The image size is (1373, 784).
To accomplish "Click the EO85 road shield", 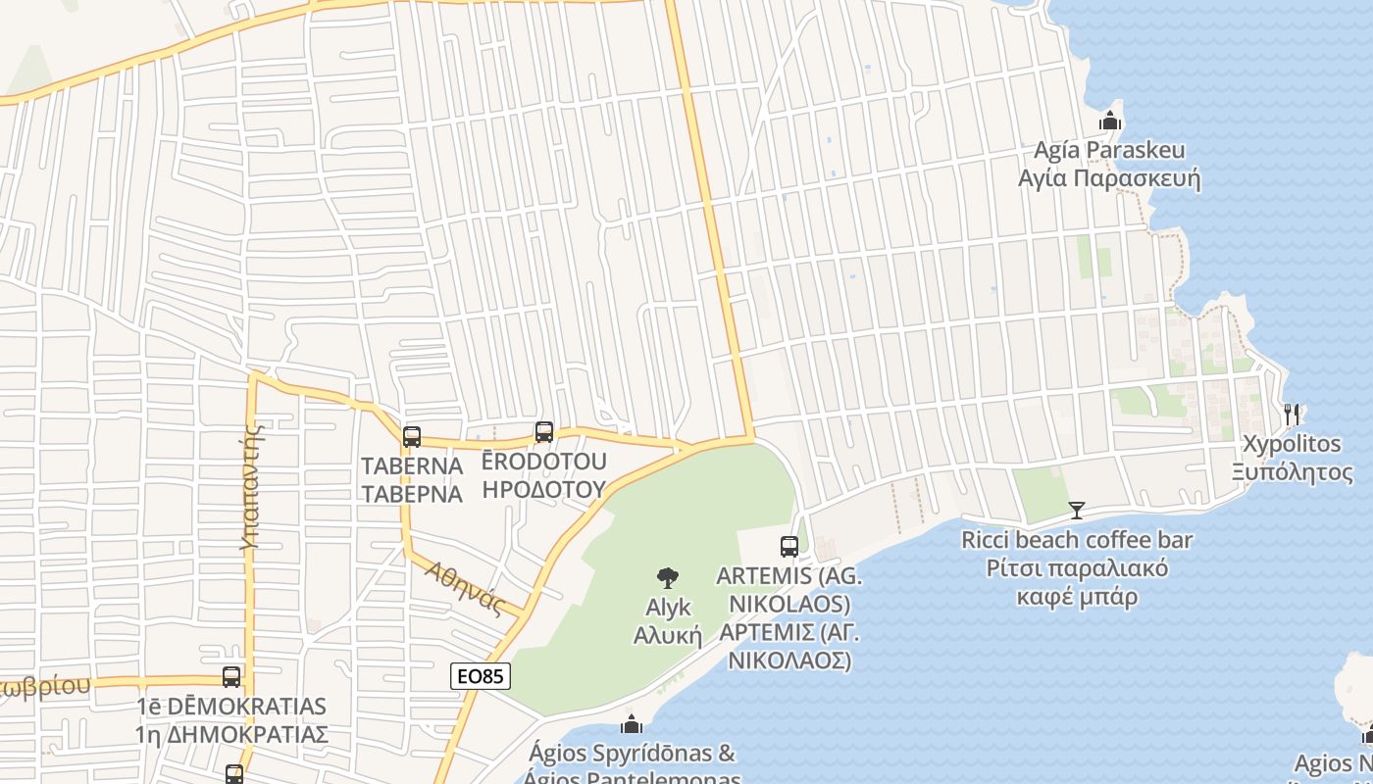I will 481,675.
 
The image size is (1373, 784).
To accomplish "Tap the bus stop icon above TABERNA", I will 412,437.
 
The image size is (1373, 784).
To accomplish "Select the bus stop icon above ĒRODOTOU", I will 544,431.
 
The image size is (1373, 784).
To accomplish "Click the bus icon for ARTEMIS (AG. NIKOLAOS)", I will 789,546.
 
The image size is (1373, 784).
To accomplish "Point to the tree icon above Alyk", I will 668,577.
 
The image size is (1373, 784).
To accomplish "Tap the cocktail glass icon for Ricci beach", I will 1077,510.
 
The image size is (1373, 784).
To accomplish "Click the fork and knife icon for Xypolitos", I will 1292,415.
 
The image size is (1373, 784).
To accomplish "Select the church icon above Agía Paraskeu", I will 1110,121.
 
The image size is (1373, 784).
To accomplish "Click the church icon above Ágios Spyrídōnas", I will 632,724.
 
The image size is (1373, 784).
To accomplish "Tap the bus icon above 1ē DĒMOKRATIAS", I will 231,676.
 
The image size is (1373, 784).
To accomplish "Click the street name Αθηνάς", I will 465,588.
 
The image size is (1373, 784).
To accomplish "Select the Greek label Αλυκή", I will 668,635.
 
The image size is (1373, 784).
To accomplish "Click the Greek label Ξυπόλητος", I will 1293,471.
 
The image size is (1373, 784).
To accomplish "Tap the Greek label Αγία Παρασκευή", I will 1109,179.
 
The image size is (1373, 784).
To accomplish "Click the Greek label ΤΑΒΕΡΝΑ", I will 412,493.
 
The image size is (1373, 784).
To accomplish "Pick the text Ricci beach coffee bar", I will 1077,540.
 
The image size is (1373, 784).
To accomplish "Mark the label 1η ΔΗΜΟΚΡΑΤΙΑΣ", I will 231,734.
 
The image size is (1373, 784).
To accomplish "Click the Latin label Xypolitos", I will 1292,444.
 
